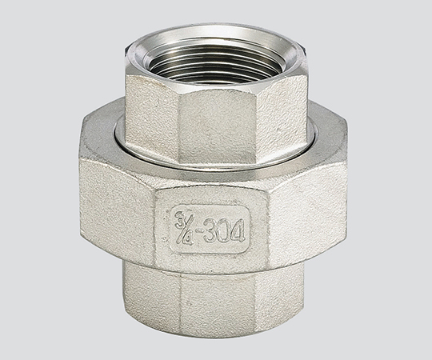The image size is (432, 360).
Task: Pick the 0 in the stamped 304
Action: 223,229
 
